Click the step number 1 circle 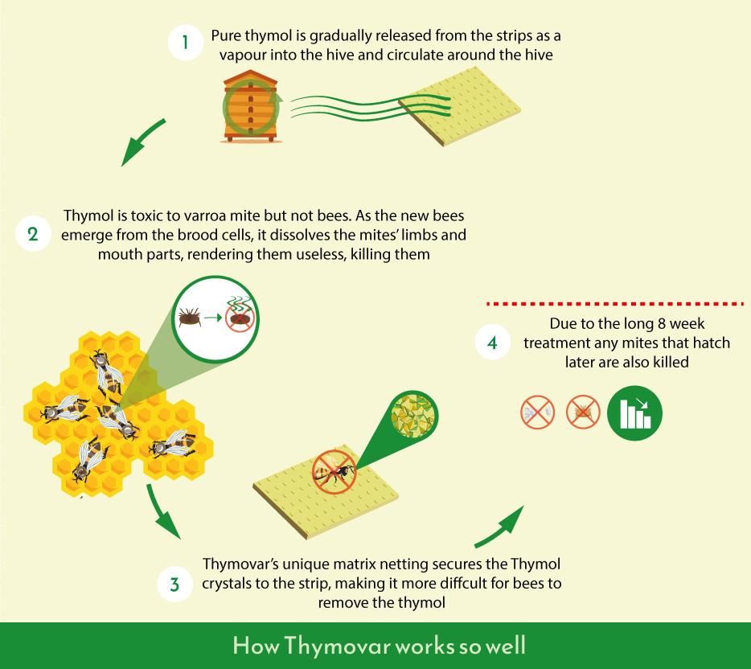tap(186, 43)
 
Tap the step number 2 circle tap(33, 234)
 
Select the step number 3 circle tap(175, 585)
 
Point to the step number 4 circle tap(492, 343)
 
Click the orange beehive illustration tap(251, 106)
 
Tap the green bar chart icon tap(634, 412)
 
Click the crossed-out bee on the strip tap(334, 472)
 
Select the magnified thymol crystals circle tap(412, 416)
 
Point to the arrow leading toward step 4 tap(501, 527)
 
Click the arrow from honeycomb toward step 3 tap(161, 511)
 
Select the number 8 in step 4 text tap(662, 324)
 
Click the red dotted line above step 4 tap(615, 304)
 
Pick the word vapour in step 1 tap(242, 55)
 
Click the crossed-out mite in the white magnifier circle tap(240, 318)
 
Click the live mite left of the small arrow tap(189, 317)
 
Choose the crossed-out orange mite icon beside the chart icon tap(583, 412)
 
